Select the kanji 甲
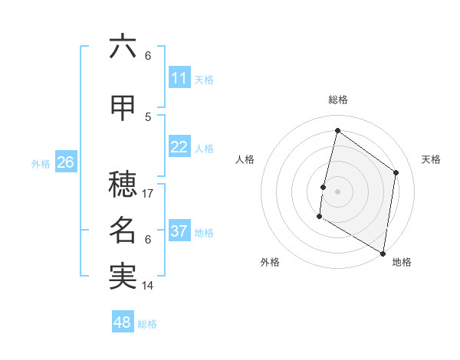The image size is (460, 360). [123, 108]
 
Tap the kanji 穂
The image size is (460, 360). [123, 185]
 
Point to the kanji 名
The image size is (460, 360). [123, 231]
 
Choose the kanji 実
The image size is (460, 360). [123, 277]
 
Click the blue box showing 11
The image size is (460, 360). [179, 78]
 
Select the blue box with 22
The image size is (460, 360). [179, 147]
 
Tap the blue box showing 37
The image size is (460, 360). [179, 231]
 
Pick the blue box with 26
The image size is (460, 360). [65, 162]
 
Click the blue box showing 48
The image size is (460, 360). [123, 322]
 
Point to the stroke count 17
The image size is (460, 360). [149, 194]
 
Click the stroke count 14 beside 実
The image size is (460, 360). [148, 286]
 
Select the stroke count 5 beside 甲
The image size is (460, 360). [148, 116]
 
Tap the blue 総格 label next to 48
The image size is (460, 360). [147, 324]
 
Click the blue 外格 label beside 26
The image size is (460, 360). [41, 163]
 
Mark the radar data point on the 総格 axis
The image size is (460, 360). [337, 130]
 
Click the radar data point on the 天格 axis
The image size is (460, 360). [396, 172]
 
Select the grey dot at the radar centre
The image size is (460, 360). [337, 191]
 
